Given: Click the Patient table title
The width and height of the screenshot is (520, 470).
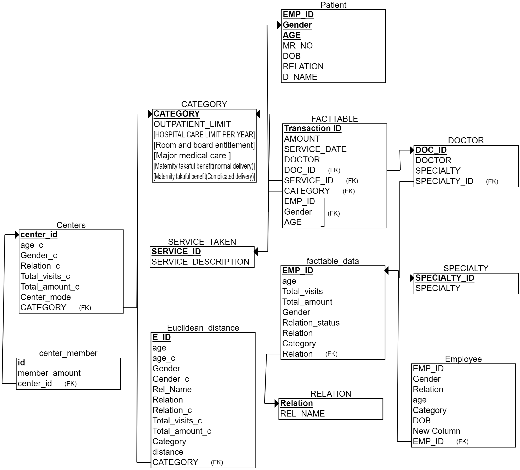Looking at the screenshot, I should (333, 5).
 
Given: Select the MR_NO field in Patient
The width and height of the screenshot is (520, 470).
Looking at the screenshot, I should (297, 46).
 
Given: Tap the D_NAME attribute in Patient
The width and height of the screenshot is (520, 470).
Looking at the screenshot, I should (300, 77).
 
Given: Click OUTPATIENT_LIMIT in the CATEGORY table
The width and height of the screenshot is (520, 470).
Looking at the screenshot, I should (192, 124).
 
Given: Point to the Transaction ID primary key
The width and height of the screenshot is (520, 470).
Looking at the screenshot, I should (313, 128).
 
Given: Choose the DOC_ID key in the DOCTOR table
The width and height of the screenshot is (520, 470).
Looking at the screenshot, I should (431, 150).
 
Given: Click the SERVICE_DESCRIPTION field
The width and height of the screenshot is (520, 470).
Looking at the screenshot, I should (200, 262).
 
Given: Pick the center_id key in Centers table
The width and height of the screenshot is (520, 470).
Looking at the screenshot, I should (39, 235).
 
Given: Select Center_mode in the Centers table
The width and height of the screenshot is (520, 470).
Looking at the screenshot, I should (45, 297).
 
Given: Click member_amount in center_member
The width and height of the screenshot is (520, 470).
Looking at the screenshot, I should (49, 373).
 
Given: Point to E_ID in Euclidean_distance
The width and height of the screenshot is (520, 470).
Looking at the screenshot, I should (161, 337).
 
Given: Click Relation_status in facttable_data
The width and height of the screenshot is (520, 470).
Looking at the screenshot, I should (311, 323).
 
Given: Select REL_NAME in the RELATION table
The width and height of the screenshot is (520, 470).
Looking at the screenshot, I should (302, 413).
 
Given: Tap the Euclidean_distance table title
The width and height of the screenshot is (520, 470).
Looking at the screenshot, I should (203, 328).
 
